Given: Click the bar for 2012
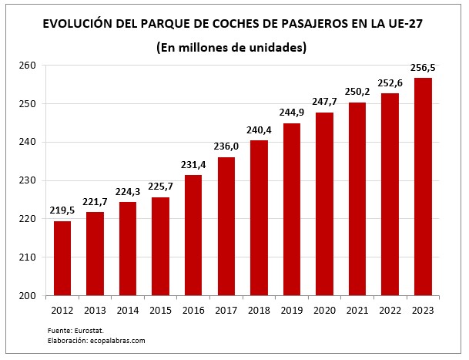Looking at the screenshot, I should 62,258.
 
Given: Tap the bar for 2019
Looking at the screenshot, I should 292,209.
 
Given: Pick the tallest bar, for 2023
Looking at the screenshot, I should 423,187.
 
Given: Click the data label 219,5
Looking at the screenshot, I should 62,210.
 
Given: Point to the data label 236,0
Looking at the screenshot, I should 226,146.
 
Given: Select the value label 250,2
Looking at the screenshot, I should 357,91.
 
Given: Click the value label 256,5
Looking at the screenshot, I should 423,67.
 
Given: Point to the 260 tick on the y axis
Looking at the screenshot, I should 28,66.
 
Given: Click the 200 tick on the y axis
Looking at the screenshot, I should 28,296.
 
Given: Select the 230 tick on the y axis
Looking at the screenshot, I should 28,180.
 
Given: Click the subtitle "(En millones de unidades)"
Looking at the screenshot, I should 232,47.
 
